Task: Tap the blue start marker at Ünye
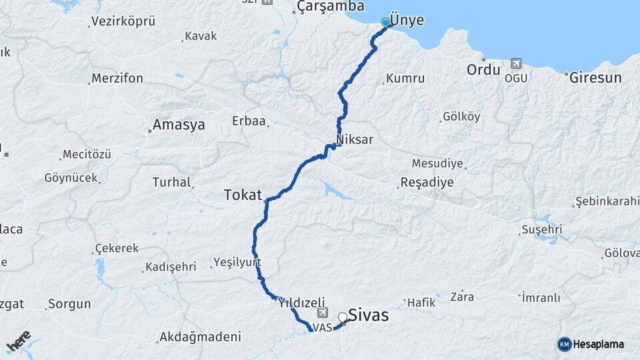tap(385, 23)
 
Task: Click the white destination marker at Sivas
tap(343, 317)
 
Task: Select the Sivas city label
tap(368, 315)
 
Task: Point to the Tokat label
tap(243, 194)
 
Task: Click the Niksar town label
tap(355, 140)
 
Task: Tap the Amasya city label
tap(179, 125)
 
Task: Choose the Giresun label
tap(595, 77)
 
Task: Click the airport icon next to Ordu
tap(515, 64)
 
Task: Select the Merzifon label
tap(117, 78)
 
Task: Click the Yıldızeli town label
tap(301, 301)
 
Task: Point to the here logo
tap(19, 341)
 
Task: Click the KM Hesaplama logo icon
tap(565, 344)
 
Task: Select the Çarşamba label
tap(331, 7)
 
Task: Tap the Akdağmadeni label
tap(200, 337)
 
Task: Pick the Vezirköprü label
tap(123, 21)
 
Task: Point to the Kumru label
tap(405, 78)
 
